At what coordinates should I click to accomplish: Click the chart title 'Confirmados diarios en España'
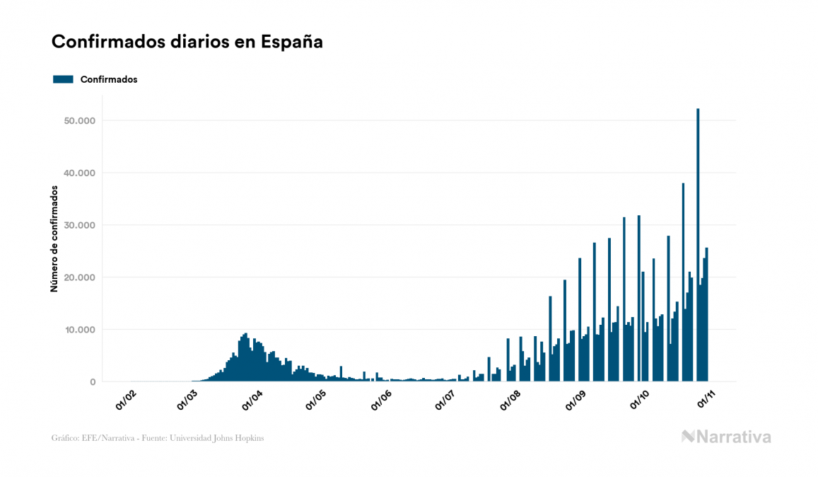tap(187, 42)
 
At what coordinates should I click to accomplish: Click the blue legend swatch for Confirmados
tap(63, 79)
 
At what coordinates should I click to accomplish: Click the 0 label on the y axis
tap(92, 382)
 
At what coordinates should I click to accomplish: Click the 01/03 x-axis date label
tap(187, 400)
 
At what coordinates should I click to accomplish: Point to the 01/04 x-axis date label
tap(252, 400)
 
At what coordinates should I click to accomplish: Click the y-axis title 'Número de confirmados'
tap(54, 238)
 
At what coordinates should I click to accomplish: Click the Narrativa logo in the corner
tap(726, 437)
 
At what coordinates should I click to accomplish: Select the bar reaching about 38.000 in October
tap(683, 283)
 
